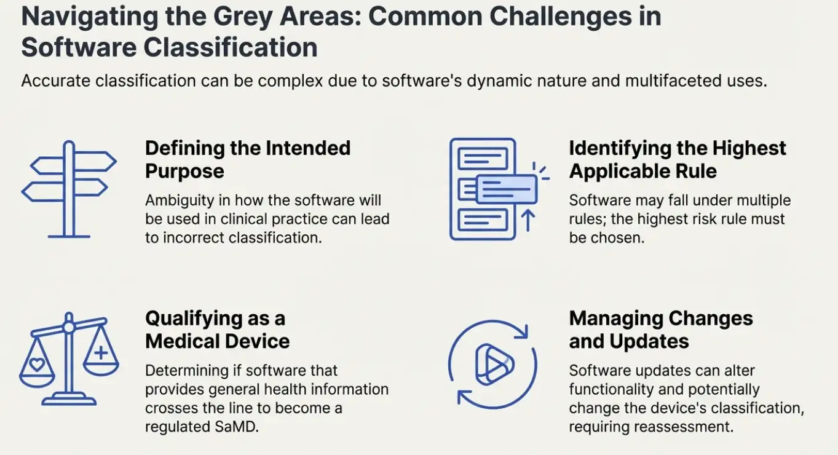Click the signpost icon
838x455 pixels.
coord(69,189)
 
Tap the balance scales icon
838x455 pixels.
coord(69,359)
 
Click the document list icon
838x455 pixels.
coord(483,189)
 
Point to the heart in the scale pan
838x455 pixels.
coord(37,364)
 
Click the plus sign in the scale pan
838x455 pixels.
coord(100,352)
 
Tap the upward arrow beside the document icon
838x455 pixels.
coord(528,220)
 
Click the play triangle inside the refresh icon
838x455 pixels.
coord(494,364)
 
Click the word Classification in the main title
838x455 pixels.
coord(231,47)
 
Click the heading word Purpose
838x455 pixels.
coord(184,172)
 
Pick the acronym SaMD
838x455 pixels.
coord(237,427)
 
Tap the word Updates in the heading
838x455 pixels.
coord(649,342)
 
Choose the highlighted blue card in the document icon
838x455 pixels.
coord(507,189)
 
